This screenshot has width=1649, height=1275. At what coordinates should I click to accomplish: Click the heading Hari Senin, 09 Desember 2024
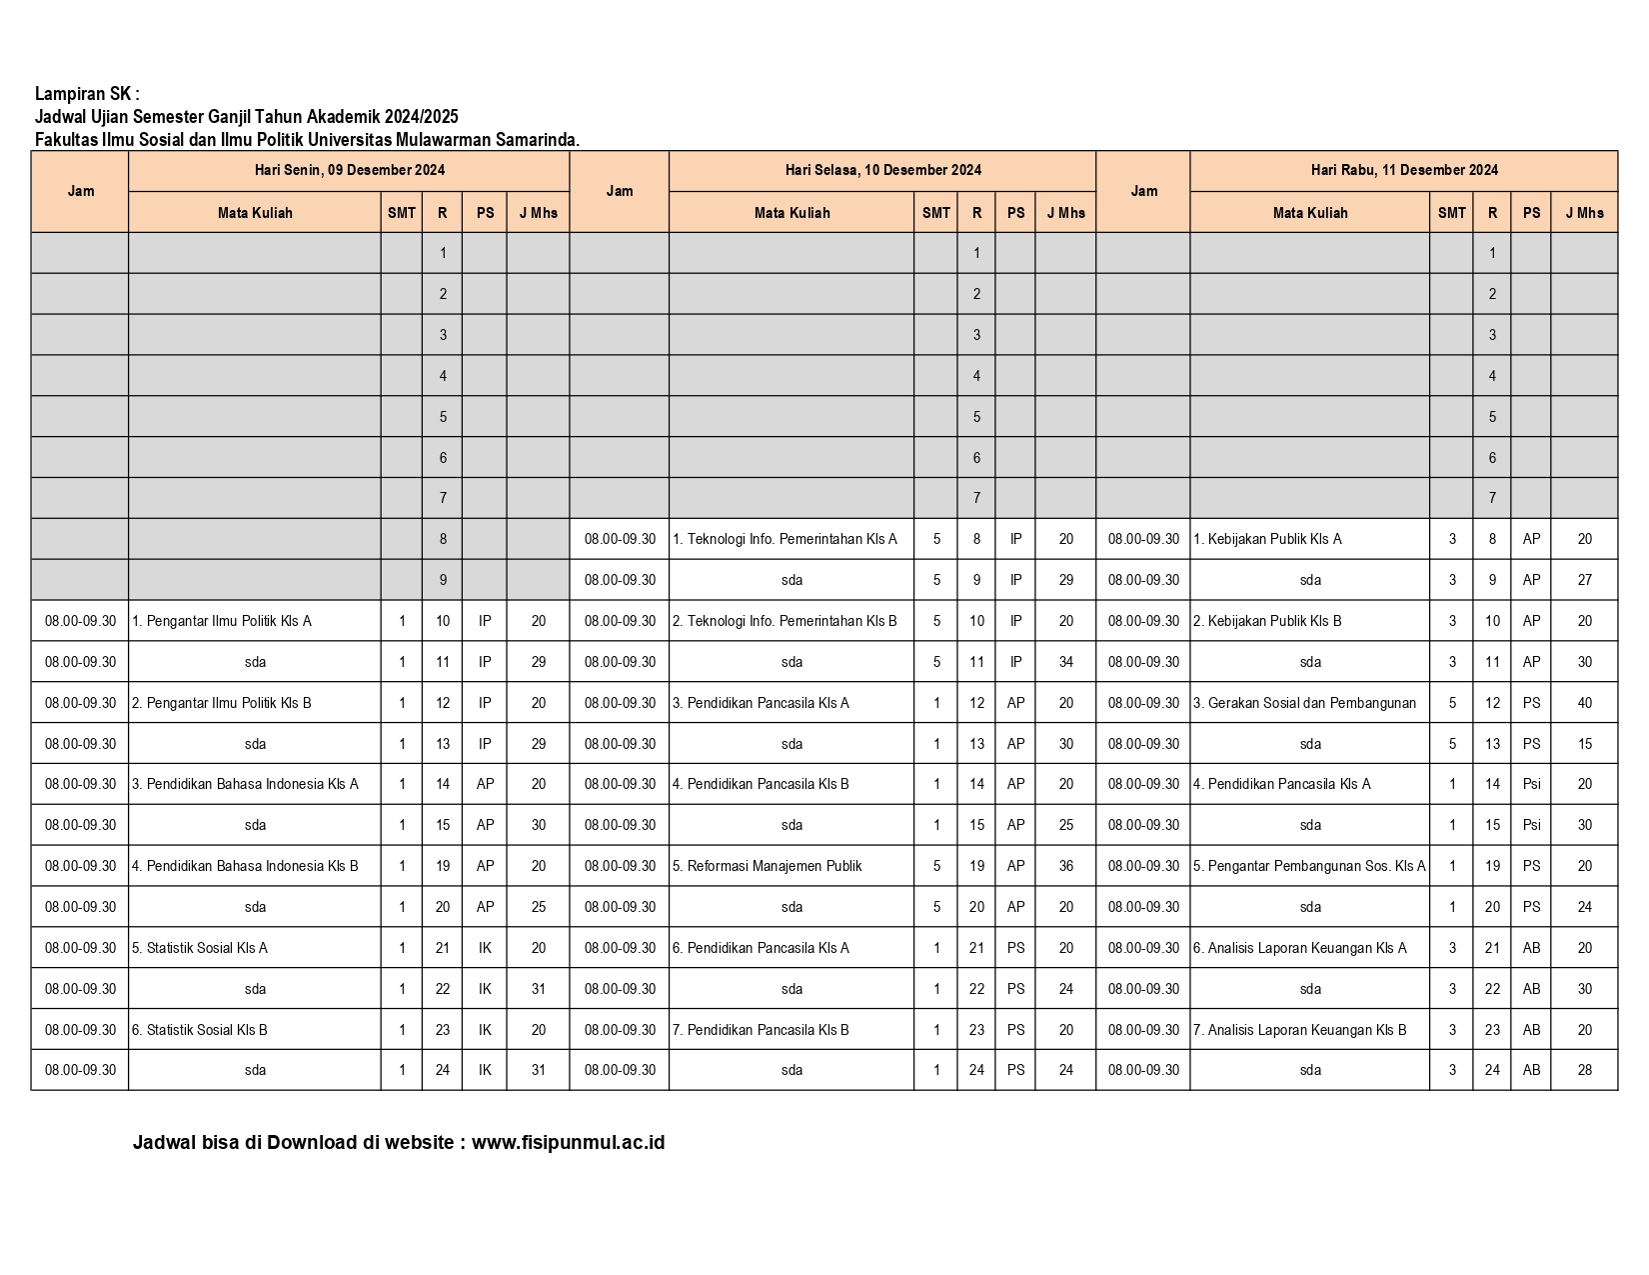(x=349, y=170)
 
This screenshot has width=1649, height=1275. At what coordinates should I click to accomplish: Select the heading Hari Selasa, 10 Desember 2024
(x=882, y=170)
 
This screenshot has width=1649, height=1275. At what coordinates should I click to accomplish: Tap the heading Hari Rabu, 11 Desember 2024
(x=1403, y=170)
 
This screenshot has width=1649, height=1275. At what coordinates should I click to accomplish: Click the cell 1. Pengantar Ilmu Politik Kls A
(x=222, y=621)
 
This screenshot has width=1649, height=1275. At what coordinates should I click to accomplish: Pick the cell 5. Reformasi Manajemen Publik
(x=767, y=866)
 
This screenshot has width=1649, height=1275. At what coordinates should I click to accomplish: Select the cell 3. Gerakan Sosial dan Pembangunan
(x=1304, y=703)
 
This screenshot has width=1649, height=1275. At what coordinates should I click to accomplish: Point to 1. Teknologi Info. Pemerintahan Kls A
(x=785, y=539)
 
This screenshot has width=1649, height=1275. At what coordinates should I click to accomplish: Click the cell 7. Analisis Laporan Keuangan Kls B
(x=1299, y=1030)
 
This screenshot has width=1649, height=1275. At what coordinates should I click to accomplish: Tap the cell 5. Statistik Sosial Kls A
(x=200, y=948)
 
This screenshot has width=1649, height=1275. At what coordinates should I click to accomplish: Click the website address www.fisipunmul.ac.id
(x=568, y=1142)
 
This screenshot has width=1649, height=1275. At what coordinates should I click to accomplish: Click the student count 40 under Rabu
(x=1584, y=703)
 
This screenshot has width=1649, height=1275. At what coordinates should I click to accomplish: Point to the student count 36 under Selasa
(x=1065, y=866)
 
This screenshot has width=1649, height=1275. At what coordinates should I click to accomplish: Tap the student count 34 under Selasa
(x=1065, y=662)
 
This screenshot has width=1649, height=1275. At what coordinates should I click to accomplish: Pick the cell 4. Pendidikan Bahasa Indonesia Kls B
(x=245, y=866)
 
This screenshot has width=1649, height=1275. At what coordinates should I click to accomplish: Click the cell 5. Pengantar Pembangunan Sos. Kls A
(x=1309, y=866)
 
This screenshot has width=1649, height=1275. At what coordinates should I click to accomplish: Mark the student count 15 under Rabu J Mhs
(x=1584, y=744)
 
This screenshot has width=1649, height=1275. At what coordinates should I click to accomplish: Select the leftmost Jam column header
(x=80, y=191)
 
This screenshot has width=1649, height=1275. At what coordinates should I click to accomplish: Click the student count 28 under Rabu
(x=1584, y=1070)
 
